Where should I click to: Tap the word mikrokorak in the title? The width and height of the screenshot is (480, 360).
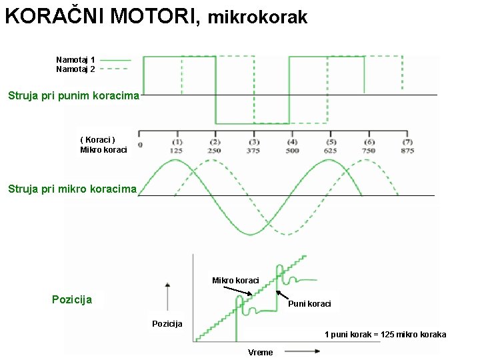[258, 18]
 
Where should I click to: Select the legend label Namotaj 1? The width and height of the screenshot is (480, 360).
[75, 60]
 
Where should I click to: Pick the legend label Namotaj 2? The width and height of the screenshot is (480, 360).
[75, 69]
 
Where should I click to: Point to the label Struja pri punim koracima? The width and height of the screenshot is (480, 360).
[73, 95]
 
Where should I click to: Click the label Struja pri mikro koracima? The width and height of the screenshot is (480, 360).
[72, 189]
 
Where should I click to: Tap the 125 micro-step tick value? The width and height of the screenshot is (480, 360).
[177, 151]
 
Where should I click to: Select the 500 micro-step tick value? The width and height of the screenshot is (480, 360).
[293, 151]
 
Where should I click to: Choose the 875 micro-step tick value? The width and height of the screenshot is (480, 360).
[407, 151]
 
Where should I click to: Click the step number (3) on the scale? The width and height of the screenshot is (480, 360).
[254, 142]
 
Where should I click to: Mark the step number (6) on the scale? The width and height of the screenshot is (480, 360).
[369, 142]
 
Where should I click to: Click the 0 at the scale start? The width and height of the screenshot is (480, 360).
[140, 145]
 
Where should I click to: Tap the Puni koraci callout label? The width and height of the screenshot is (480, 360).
[309, 304]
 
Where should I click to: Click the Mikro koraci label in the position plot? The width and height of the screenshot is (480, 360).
[235, 281]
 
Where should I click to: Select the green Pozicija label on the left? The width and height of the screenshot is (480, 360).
[72, 299]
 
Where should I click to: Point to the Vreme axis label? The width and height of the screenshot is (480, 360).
[260, 353]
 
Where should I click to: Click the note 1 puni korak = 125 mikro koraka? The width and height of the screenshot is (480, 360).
[385, 335]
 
